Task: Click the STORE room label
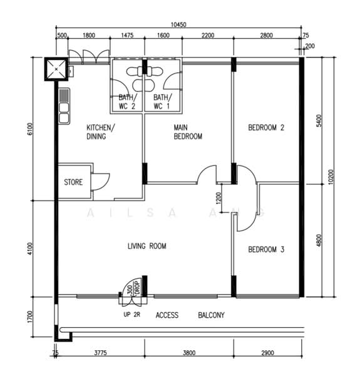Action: [x=73, y=182]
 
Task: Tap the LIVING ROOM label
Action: [x=147, y=246]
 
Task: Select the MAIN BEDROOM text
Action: [x=188, y=132]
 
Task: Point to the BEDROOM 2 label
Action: [x=266, y=127]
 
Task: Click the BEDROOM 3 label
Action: [x=266, y=249]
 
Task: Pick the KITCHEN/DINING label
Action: [x=101, y=132]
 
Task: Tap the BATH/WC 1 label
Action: [x=163, y=102]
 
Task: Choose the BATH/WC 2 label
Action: [x=128, y=102]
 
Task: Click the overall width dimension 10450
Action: [x=178, y=24]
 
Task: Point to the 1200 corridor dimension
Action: [x=219, y=198]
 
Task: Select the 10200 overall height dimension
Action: [x=331, y=177]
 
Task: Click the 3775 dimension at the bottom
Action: [x=100, y=353]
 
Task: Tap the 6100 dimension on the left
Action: [x=29, y=129]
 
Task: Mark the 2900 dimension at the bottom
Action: [x=267, y=353]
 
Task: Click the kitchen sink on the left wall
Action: [x=64, y=107]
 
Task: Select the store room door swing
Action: [x=101, y=182]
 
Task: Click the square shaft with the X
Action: [x=56, y=69]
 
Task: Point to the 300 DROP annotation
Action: [x=133, y=288]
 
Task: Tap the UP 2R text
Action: [x=131, y=315]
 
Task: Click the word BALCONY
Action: [x=211, y=315]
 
